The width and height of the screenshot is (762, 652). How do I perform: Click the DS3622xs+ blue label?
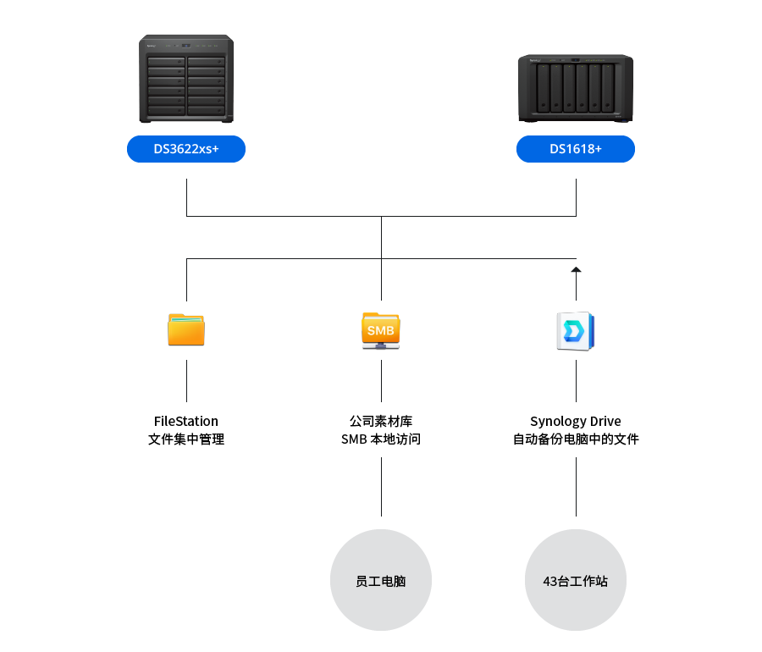pyautogui.click(x=186, y=149)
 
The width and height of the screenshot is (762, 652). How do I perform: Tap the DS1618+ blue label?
pyautogui.click(x=576, y=149)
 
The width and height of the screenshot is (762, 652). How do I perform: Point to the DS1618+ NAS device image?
pyautogui.click(x=576, y=87)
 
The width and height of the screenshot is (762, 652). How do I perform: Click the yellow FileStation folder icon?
pyautogui.click(x=186, y=329)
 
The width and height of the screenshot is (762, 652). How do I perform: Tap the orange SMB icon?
pyautogui.click(x=381, y=331)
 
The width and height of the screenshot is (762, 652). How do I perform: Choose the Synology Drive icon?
pyautogui.click(x=576, y=331)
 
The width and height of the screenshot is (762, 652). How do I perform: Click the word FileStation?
pyautogui.click(x=186, y=421)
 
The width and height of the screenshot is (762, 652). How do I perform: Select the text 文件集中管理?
pyautogui.click(x=186, y=439)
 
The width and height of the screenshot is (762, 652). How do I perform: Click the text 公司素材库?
pyautogui.click(x=381, y=421)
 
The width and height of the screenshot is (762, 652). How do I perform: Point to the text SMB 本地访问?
pyautogui.click(x=381, y=439)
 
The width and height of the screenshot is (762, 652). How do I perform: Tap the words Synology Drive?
pyautogui.click(x=576, y=421)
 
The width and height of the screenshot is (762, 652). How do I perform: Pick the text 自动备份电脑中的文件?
pyautogui.click(x=576, y=439)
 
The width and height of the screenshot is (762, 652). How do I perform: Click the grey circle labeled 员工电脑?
pyautogui.click(x=381, y=581)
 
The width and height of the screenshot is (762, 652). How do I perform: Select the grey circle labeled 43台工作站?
pyautogui.click(x=576, y=581)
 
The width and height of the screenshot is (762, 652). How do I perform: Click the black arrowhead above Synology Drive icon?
pyautogui.click(x=576, y=269)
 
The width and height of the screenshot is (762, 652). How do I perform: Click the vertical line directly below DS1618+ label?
pyautogui.click(x=576, y=196)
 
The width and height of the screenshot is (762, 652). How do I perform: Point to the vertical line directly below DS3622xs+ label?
pyautogui.click(x=186, y=196)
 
